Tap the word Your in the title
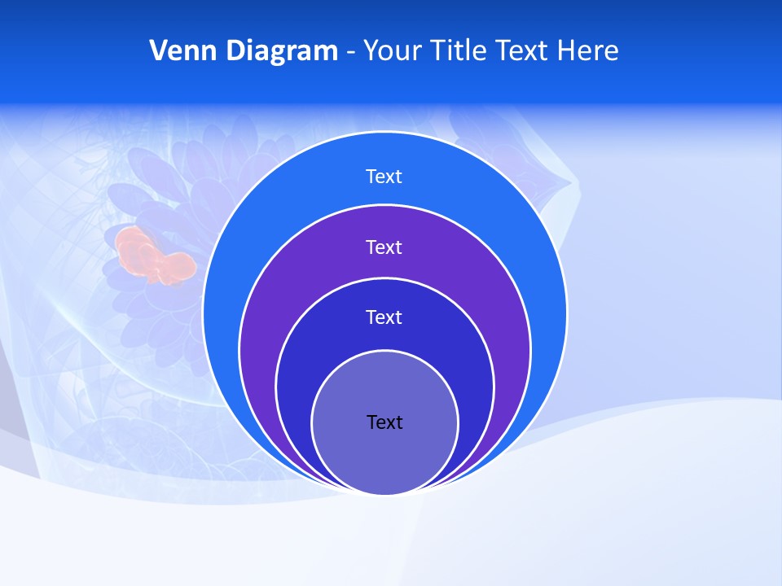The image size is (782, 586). point(389,50)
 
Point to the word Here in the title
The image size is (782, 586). point(587,50)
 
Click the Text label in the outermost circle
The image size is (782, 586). point(384,177)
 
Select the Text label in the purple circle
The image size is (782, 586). point(384,247)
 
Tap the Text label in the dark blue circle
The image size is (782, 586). point(384,317)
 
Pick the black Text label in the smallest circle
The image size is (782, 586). point(384,422)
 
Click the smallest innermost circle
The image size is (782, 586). point(384,456)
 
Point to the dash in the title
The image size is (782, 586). point(349,52)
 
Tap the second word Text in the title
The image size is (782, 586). point(523,50)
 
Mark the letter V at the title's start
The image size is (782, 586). point(158,50)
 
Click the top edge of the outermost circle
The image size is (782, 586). point(384,132)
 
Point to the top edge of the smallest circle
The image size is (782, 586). point(384,351)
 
